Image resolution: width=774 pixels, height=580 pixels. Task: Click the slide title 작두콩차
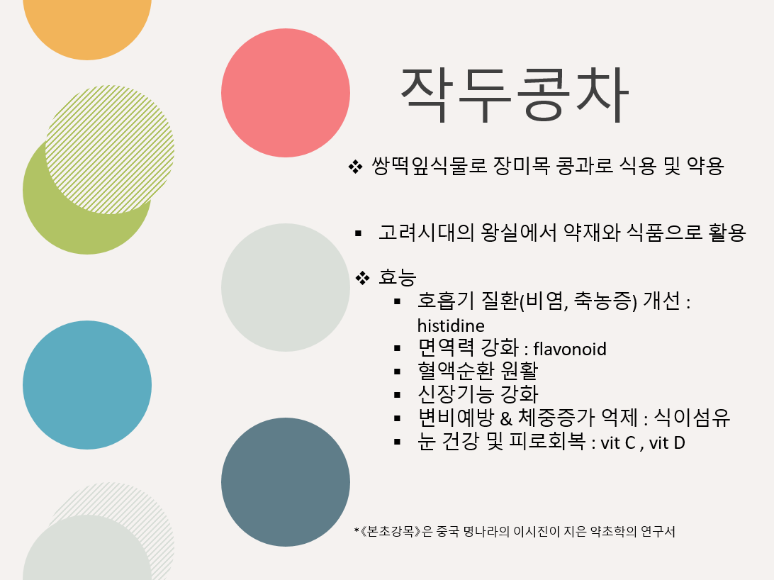click(x=515, y=95)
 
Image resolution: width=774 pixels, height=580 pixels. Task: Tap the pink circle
click(x=286, y=93)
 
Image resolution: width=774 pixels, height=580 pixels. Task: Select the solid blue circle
click(x=87, y=385)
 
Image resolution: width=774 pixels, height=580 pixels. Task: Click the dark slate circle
click(x=286, y=481)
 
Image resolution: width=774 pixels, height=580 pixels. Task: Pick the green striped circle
click(x=110, y=149)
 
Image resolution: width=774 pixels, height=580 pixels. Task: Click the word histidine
click(x=451, y=325)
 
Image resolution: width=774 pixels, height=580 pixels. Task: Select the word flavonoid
click(x=570, y=349)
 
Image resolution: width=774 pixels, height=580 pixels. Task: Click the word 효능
click(x=398, y=277)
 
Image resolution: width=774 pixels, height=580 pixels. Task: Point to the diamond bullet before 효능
click(x=362, y=278)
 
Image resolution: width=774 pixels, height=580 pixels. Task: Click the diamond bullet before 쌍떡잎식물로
click(x=355, y=167)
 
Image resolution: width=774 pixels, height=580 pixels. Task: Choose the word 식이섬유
click(x=692, y=418)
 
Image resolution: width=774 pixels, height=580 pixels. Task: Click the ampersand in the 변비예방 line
click(x=506, y=418)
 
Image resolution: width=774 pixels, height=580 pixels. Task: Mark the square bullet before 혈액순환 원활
click(x=398, y=372)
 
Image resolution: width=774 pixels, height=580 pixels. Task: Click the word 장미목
click(x=522, y=166)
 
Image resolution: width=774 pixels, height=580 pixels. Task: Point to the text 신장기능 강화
click(x=478, y=394)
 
